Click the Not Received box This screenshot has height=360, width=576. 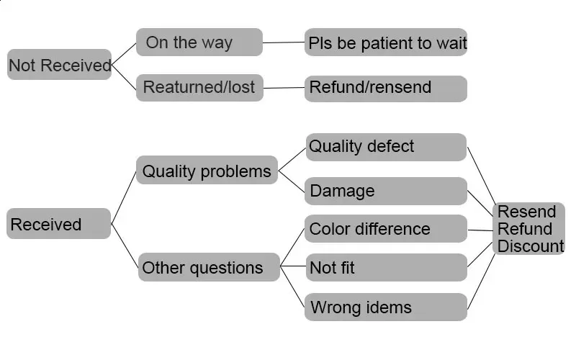59,64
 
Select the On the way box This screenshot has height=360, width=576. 199,42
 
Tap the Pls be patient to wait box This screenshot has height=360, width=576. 386,42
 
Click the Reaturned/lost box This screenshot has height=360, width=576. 199,88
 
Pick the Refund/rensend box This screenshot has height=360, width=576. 386,89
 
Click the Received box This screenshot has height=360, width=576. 59,224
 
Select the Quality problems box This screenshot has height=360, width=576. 207,170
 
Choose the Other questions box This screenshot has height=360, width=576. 209,267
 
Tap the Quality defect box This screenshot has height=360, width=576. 386,147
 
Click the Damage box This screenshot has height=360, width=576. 386,191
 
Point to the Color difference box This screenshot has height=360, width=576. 386,228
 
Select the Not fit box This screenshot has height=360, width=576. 386,267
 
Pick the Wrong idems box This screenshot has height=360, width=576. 386,307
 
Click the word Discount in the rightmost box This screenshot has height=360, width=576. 531,246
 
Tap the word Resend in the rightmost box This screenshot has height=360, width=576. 526,212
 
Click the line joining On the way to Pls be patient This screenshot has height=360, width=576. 284,42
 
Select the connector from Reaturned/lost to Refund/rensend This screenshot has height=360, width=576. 284,88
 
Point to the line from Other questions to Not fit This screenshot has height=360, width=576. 293,266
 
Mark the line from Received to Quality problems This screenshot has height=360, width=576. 123,197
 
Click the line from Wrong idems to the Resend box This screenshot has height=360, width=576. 481,281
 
